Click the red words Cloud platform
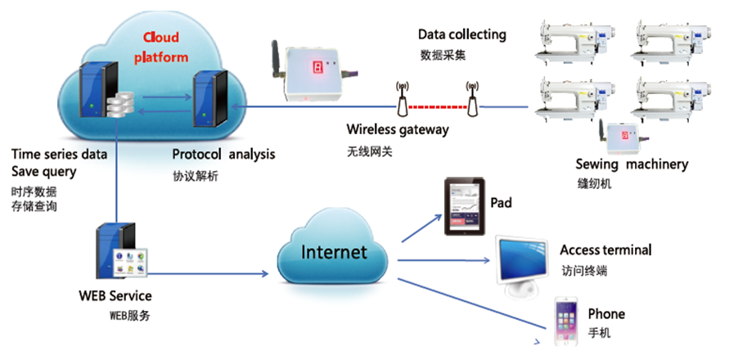166,47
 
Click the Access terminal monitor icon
521,263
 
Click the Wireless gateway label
396,129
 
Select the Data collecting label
461,34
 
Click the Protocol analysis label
223,154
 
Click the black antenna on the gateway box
277,57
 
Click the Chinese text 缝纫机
594,184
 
